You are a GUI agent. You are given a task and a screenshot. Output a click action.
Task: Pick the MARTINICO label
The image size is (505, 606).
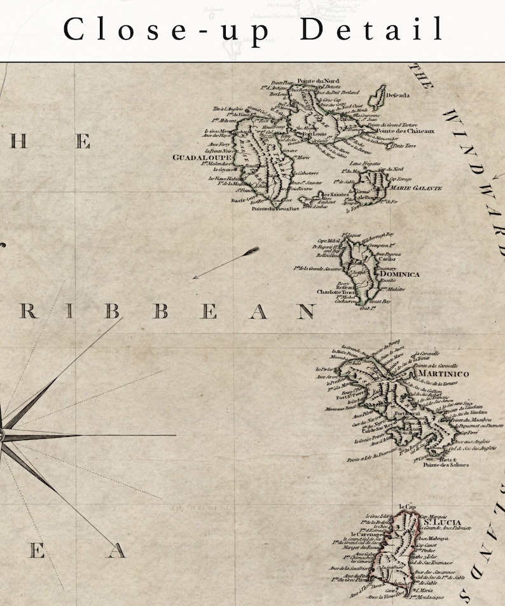443,374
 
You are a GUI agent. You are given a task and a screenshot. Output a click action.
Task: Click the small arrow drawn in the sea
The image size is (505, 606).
226,263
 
